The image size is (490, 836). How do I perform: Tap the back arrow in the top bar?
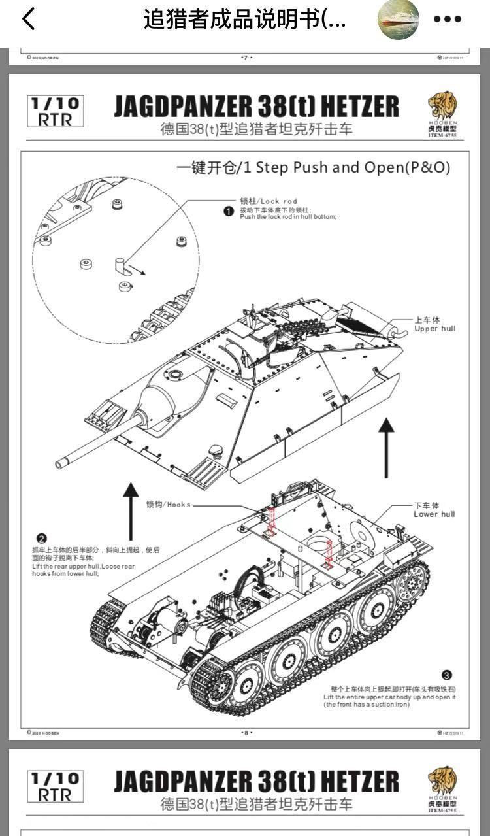(28, 20)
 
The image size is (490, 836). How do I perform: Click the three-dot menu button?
(448, 20)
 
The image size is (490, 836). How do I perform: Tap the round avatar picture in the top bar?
(398, 20)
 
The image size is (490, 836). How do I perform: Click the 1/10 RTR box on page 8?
(56, 111)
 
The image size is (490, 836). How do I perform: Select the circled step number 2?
(41, 538)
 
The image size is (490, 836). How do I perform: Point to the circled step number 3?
(447, 675)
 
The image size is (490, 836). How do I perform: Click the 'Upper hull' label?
(434, 324)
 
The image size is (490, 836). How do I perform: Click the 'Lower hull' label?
(434, 510)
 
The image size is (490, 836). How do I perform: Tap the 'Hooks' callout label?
(169, 505)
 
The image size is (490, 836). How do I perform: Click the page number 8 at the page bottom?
(246, 733)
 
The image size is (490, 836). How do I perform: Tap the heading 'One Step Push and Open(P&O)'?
(314, 167)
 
